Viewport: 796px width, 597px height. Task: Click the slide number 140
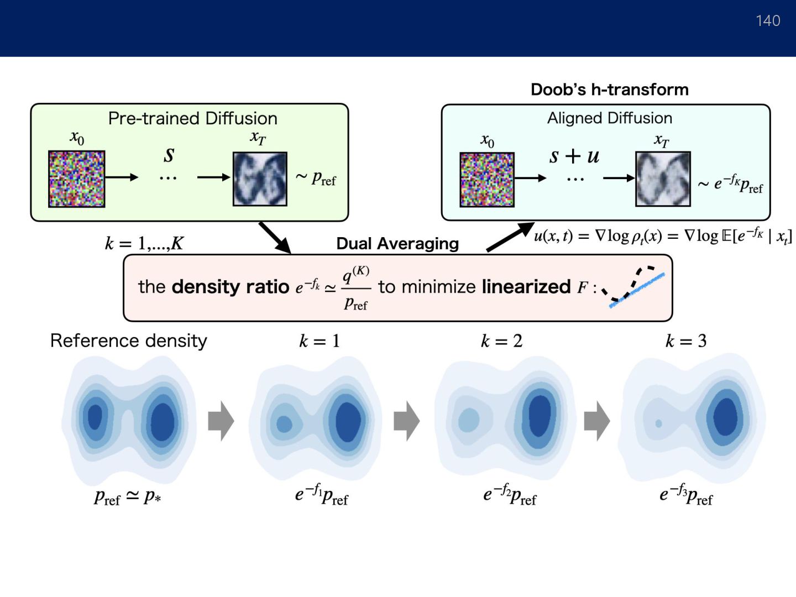(x=768, y=21)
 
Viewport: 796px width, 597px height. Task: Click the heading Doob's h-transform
(x=610, y=90)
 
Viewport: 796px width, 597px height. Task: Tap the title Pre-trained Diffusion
(x=192, y=118)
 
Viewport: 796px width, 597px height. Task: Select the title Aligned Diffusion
(x=610, y=118)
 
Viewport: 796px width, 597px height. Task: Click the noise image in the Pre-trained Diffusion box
(x=76, y=179)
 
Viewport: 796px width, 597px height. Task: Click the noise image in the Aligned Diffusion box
(x=487, y=180)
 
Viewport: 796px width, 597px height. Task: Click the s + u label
(x=574, y=156)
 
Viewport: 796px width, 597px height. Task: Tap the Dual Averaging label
(x=397, y=244)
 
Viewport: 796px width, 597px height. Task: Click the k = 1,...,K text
(x=144, y=243)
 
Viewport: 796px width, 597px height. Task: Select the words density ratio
(x=231, y=286)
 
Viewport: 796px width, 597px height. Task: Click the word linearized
(x=526, y=286)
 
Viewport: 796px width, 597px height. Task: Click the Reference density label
(x=129, y=341)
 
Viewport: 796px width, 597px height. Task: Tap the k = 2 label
(x=501, y=341)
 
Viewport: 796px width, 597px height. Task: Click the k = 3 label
(x=686, y=341)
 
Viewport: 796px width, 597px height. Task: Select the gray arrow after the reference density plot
(x=221, y=421)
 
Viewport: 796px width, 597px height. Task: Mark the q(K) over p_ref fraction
(x=355, y=288)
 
